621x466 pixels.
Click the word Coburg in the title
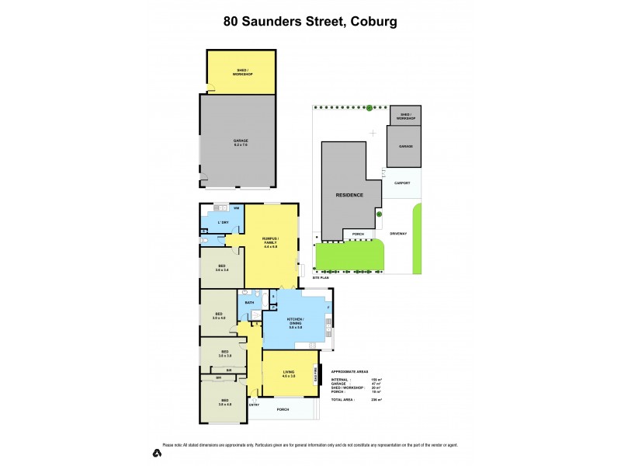point(374,21)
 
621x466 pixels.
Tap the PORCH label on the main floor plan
point(283,410)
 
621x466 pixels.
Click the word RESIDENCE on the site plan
point(349,195)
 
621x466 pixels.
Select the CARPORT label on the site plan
point(401,183)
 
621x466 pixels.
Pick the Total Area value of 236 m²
point(380,399)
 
